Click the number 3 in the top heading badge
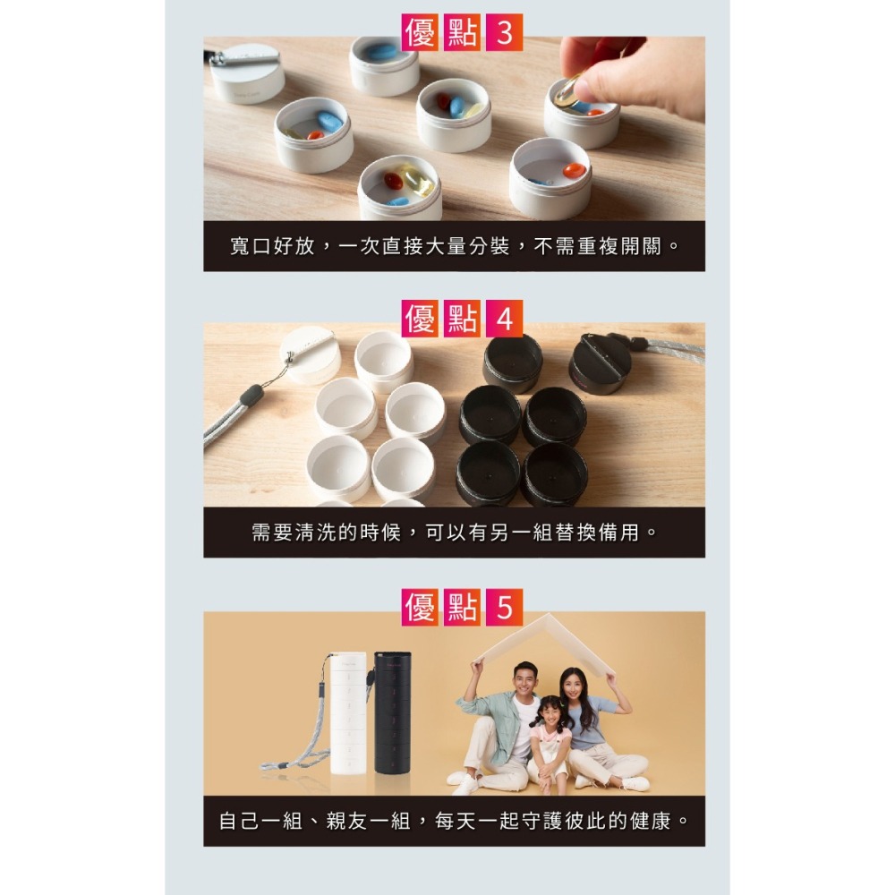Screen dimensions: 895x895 tap(504, 34)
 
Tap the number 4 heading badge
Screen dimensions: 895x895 tap(504, 320)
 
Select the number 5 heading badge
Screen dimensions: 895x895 tap(504, 609)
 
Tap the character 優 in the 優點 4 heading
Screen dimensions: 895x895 tap(421, 320)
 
